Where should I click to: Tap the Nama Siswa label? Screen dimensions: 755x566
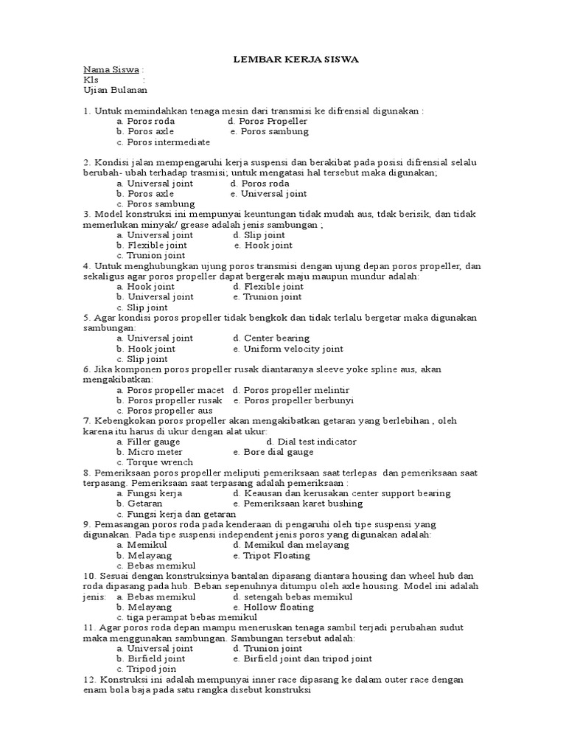pos(111,69)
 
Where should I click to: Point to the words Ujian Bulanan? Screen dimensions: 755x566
pos(116,90)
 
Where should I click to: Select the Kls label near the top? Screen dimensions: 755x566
pos(91,80)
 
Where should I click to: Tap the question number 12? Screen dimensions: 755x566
pos(90,679)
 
